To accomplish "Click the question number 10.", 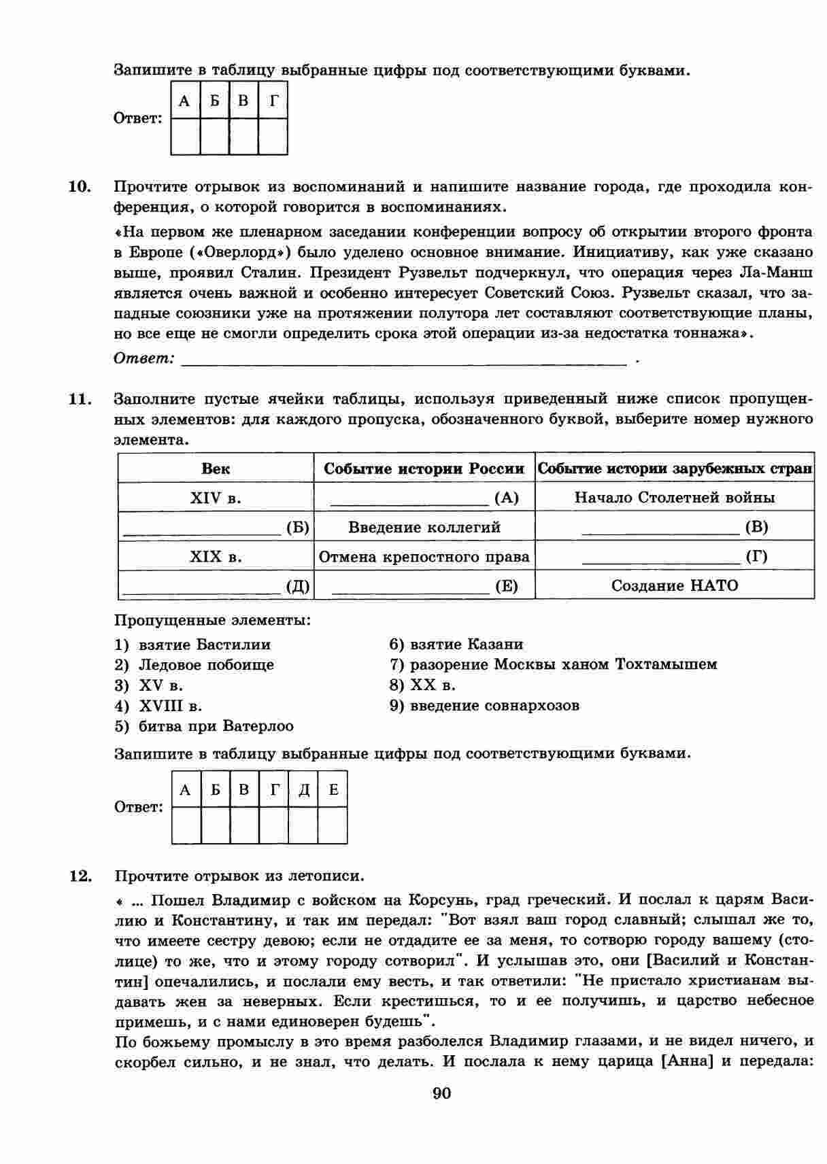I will click(x=80, y=186).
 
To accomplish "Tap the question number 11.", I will click(x=80, y=399).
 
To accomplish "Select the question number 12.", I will click(x=80, y=876).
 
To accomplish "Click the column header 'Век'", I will click(x=216, y=468).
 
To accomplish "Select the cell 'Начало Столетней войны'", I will click(x=674, y=498).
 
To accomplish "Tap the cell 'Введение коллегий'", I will click(x=424, y=527).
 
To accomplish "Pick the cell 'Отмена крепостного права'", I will click(x=424, y=557).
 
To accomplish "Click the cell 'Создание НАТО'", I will click(x=674, y=585).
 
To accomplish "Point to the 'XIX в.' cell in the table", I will click(x=216, y=557).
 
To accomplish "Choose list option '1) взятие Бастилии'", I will click(x=192, y=645).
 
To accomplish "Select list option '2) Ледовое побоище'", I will click(x=194, y=665).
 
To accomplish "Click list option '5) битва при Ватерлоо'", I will click(x=204, y=726).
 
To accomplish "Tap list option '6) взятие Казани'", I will click(x=456, y=645).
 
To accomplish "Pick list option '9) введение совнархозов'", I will click(x=484, y=706).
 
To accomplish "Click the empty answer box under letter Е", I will click(x=333, y=825).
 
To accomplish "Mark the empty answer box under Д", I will click(x=303, y=825).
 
